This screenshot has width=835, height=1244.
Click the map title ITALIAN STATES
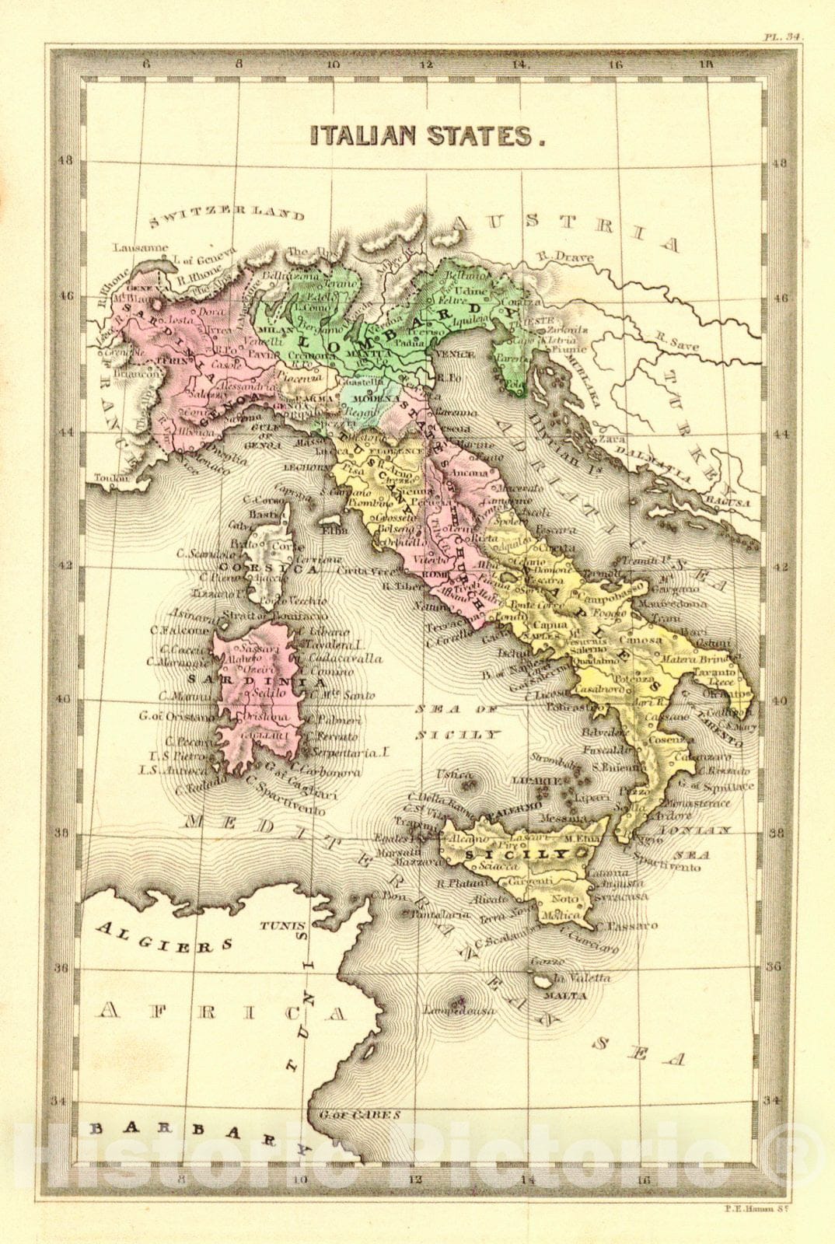coord(426,135)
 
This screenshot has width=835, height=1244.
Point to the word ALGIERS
coord(165,938)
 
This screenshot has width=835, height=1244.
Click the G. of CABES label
coord(359,1114)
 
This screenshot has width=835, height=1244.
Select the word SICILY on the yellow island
coord(506,854)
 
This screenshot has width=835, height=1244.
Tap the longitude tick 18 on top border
coord(707,65)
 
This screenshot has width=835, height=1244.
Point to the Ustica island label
coord(453,774)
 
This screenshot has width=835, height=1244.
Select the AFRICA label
coord(222,1012)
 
